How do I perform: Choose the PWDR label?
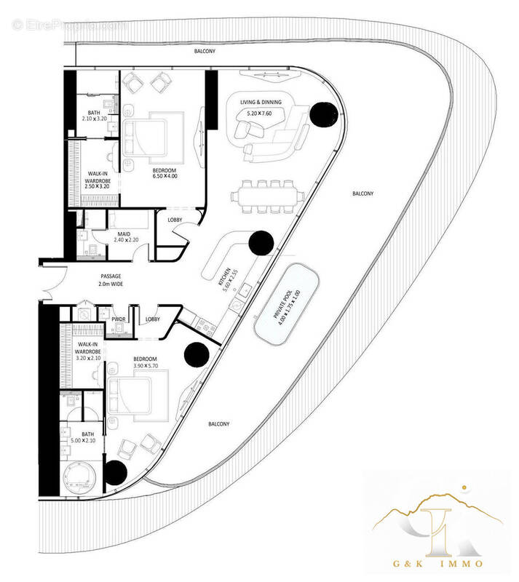(x=119, y=319)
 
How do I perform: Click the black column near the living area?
(x=321, y=114)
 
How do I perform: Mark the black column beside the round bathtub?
(x=116, y=474)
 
